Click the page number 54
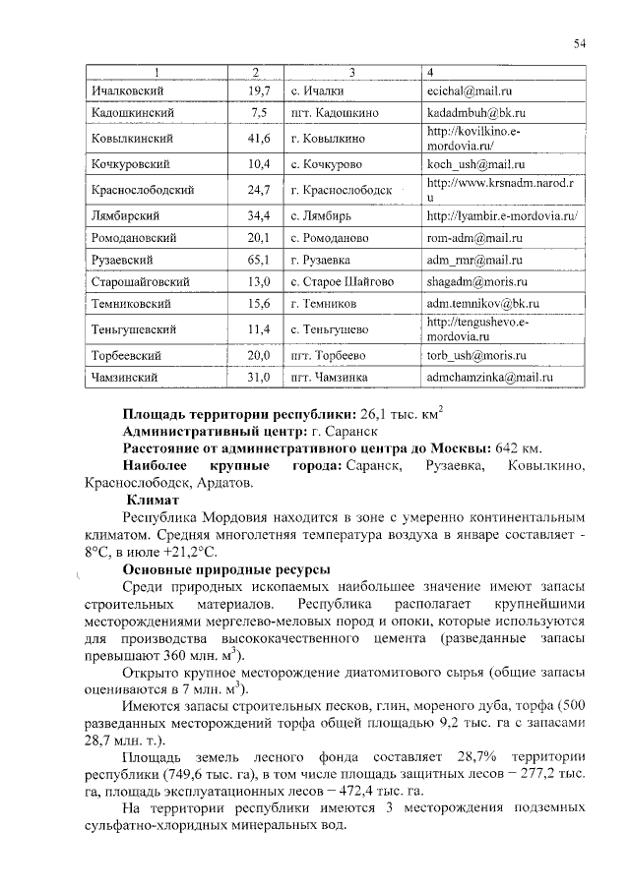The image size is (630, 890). tap(580, 42)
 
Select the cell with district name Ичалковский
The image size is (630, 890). tap(127, 90)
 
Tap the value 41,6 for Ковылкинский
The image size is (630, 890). tap(259, 139)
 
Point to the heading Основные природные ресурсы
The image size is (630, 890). tap(225, 569)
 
